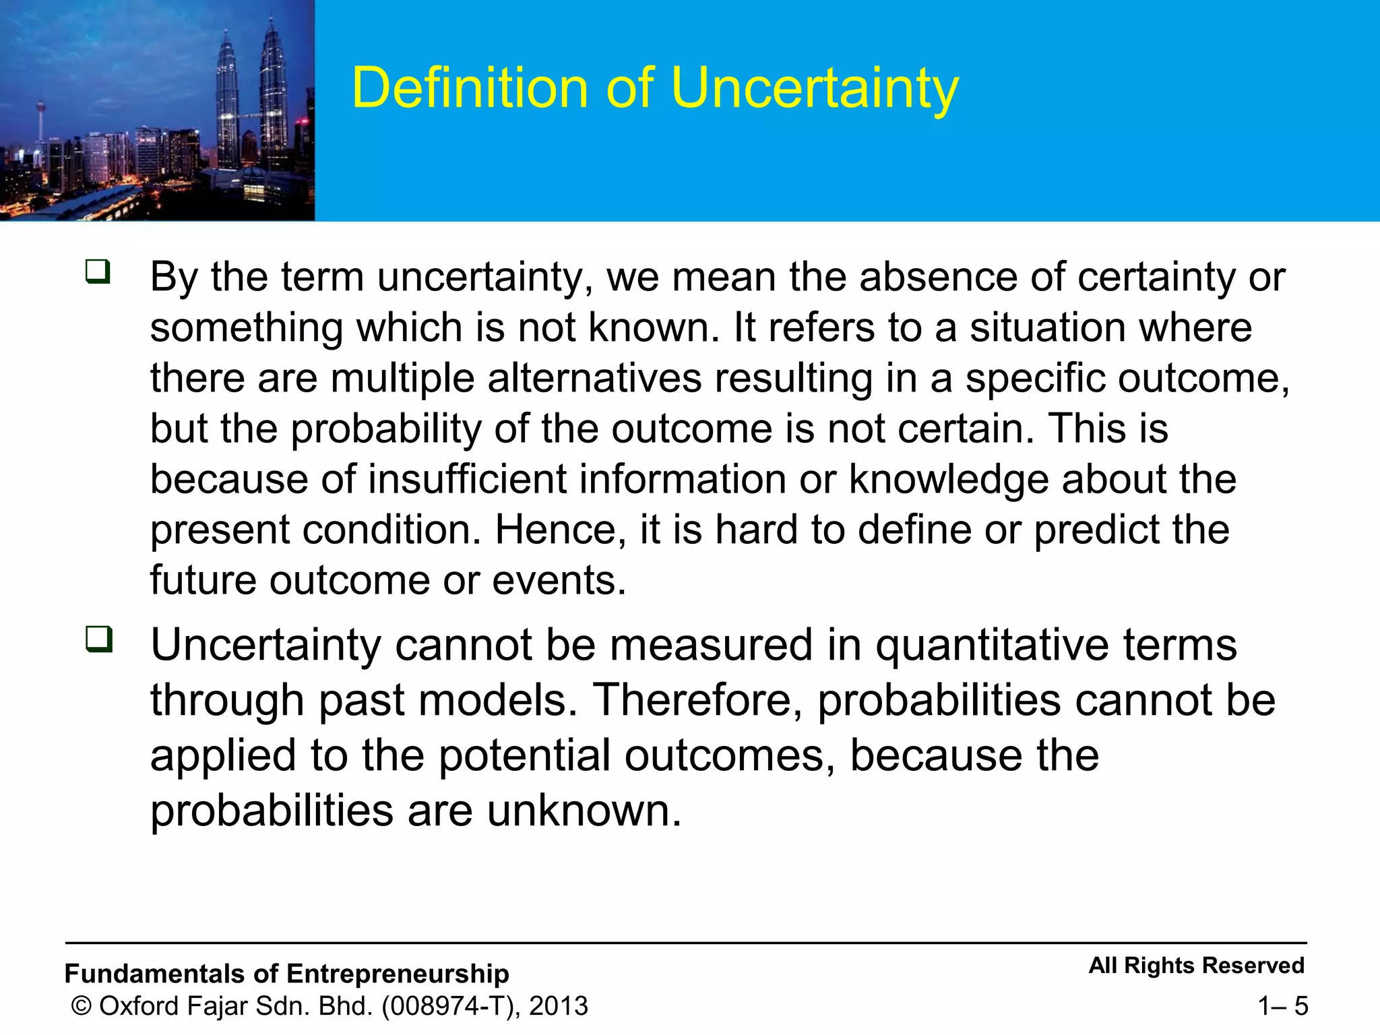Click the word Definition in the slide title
(470, 88)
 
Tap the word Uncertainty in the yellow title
(815, 89)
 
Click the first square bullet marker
(98, 272)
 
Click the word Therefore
(697, 700)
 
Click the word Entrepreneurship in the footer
(398, 974)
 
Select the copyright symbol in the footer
(82, 1006)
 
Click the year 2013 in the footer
(559, 1006)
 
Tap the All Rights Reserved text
(1197, 966)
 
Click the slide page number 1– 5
(1282, 1007)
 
